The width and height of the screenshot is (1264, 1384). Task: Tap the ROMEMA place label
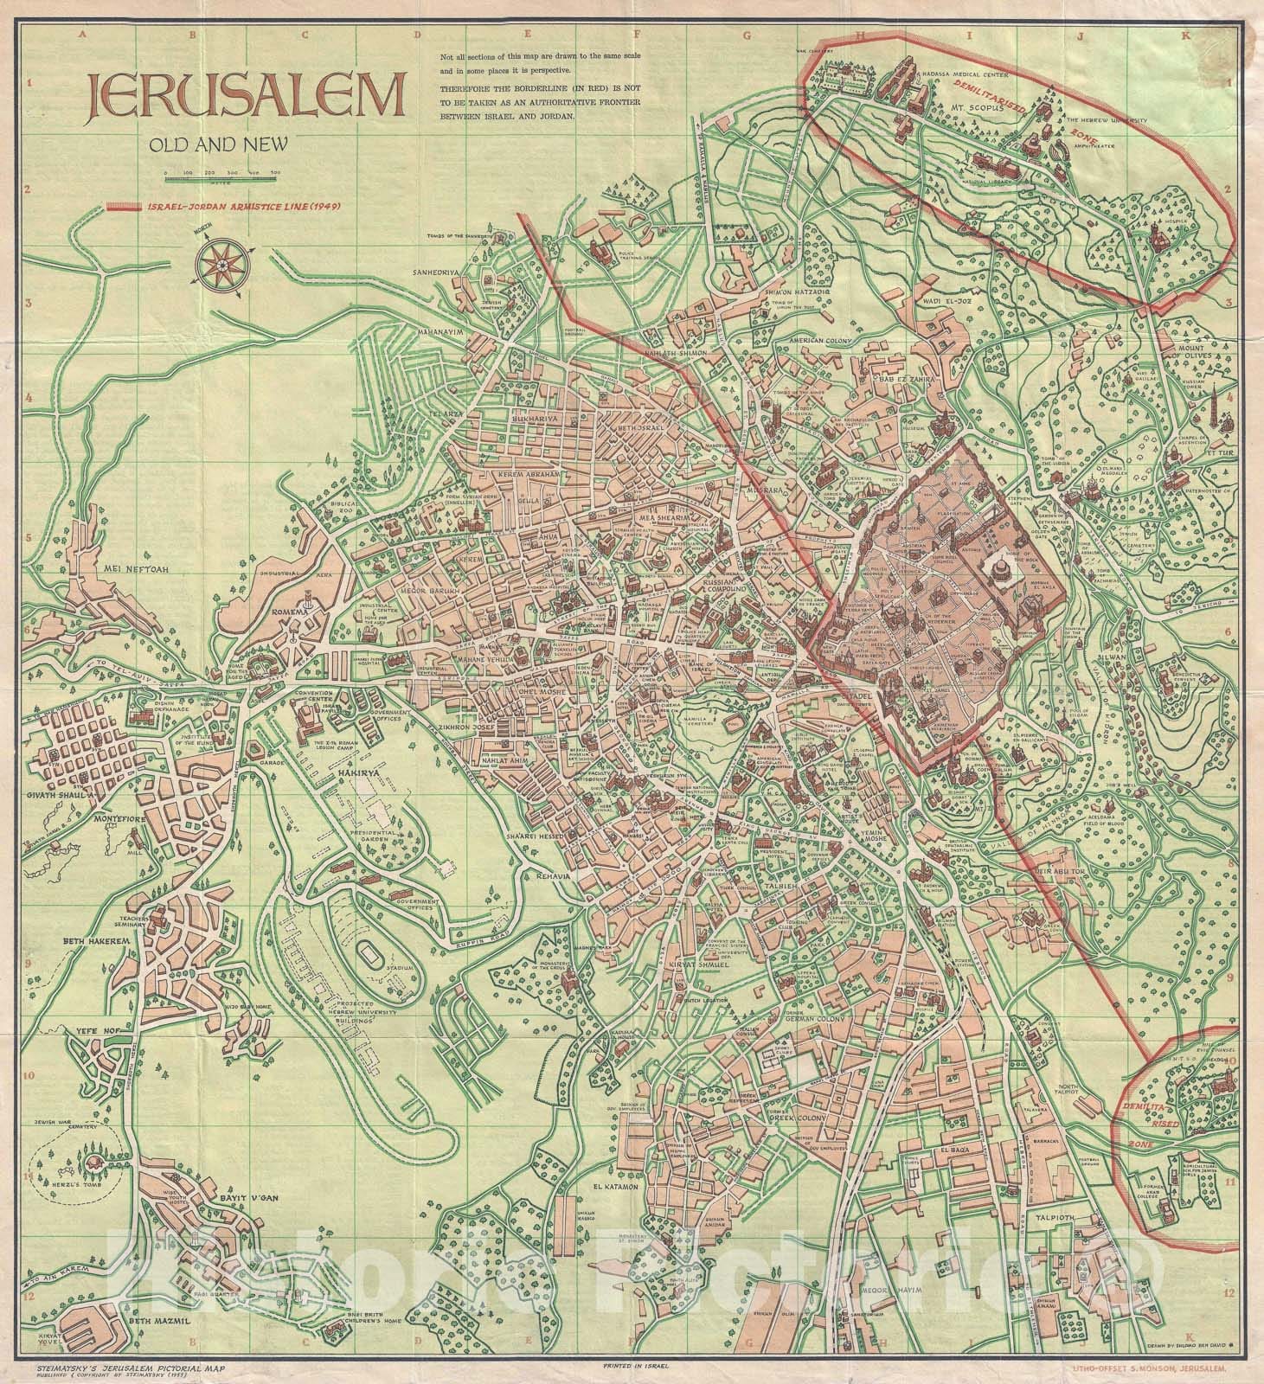290,612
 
